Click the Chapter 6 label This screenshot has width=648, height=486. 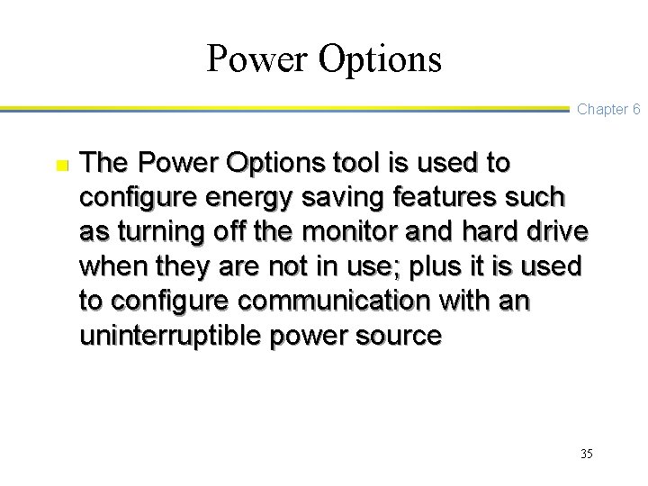tap(607, 109)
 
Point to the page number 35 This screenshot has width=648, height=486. tap(587, 454)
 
